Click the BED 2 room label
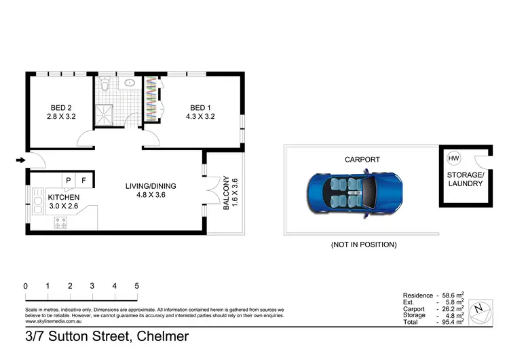(x=60, y=107)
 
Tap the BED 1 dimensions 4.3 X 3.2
(x=199, y=117)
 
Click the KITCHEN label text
(x=63, y=198)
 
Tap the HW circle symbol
(x=453, y=158)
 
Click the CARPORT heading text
(x=362, y=160)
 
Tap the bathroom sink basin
(x=129, y=84)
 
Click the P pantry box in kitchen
(x=69, y=180)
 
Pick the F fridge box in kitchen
(x=83, y=180)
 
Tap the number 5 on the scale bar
(x=136, y=286)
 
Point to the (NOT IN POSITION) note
(x=363, y=245)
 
